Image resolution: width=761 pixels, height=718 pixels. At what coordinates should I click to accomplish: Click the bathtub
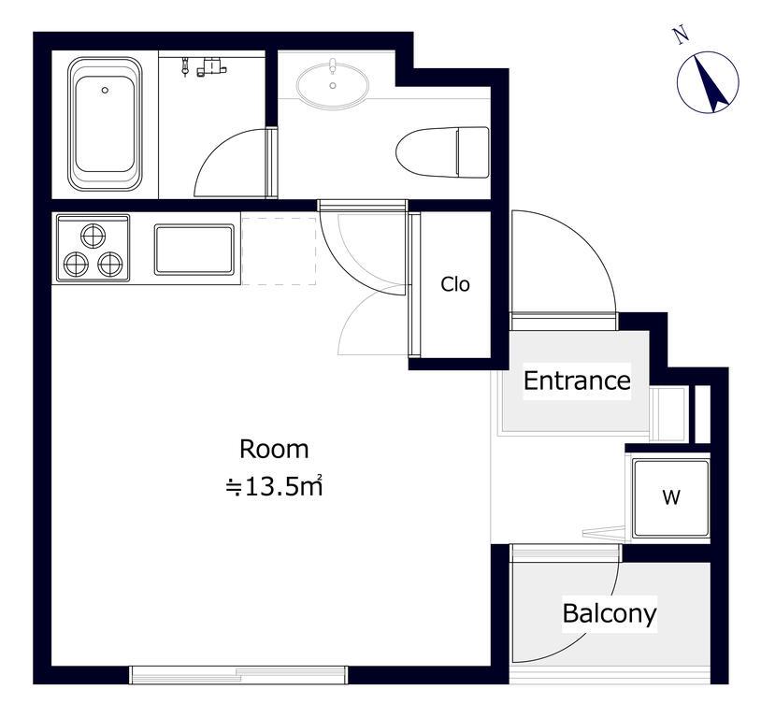[105, 123]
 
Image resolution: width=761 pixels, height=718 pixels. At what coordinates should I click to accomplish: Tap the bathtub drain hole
[105, 90]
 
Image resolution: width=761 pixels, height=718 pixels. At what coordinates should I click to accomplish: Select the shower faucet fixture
[205, 66]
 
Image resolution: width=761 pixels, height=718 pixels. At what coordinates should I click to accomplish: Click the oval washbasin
[333, 86]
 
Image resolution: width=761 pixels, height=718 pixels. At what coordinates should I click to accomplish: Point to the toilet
[442, 152]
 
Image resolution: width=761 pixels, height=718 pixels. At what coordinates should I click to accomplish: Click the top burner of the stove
[93, 236]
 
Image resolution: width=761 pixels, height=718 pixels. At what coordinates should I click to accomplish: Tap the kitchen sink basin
[194, 249]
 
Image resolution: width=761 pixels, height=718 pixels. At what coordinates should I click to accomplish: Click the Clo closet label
[455, 284]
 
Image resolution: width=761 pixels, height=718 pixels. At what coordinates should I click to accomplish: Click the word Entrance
[577, 381]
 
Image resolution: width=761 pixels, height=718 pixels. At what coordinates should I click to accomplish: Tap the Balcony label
[610, 613]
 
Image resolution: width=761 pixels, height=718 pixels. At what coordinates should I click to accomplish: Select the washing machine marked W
[671, 497]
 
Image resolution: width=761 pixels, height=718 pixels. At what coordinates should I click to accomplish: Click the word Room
[274, 449]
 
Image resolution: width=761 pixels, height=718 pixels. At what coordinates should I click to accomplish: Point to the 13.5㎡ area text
[274, 486]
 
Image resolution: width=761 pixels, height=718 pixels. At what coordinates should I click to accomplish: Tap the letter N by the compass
[682, 36]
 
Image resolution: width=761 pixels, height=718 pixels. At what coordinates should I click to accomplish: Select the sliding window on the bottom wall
[238, 675]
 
